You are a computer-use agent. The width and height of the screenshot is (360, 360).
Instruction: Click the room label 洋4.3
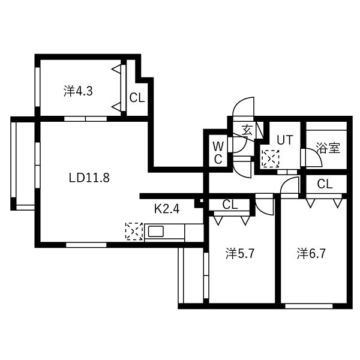pyautogui.click(x=78, y=91)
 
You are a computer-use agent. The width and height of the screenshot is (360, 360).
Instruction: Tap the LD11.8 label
pyautogui.click(x=89, y=178)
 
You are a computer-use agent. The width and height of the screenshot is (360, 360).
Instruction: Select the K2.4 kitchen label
pyautogui.click(x=167, y=209)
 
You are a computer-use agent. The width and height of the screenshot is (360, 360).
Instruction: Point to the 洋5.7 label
pyautogui.click(x=240, y=254)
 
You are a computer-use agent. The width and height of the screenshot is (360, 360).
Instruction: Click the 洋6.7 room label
pyautogui.click(x=311, y=254)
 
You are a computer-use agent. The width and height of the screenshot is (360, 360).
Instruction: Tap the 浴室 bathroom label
pyautogui.click(x=328, y=148)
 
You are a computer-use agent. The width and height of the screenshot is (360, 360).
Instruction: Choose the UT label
pyautogui.click(x=285, y=140)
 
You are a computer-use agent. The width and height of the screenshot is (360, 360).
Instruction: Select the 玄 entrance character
pyautogui.click(x=247, y=130)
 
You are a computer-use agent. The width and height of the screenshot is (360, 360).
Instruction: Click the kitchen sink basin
pyautogui.click(x=156, y=231)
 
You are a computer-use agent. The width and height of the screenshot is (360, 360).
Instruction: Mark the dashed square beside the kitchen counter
pyautogui.click(x=134, y=231)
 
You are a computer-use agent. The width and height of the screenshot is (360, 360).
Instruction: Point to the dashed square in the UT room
pyautogui.click(x=271, y=158)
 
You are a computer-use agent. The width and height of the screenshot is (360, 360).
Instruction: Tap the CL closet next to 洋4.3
pyautogui.click(x=137, y=98)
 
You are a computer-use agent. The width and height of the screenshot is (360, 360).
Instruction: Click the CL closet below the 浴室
pyautogui.click(x=325, y=184)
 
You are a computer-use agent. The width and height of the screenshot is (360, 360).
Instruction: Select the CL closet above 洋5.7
pyautogui.click(x=230, y=205)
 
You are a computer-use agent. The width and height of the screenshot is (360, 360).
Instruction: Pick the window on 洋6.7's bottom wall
pyautogui.click(x=309, y=306)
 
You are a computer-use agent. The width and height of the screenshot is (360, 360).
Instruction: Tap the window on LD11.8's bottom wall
pyautogui.click(x=86, y=245)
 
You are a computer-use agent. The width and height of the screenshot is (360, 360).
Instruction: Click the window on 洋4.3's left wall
pyautogui.click(x=37, y=87)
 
